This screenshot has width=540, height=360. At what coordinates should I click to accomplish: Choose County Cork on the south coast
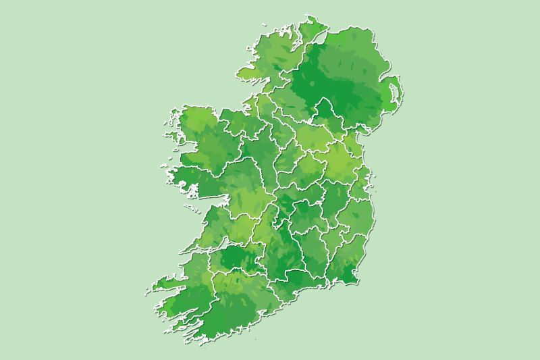pyautogui.click(x=236, y=297)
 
